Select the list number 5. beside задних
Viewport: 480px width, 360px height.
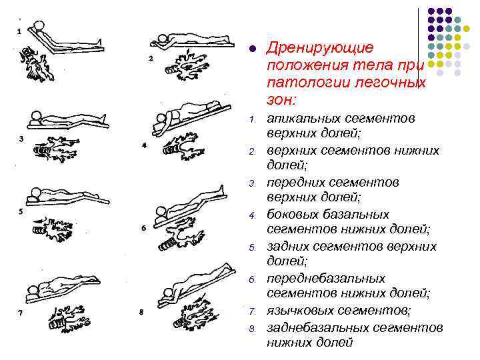(x=253, y=247)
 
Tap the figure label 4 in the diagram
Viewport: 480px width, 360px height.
(x=145, y=145)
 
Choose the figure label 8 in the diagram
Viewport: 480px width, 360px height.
(x=140, y=311)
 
